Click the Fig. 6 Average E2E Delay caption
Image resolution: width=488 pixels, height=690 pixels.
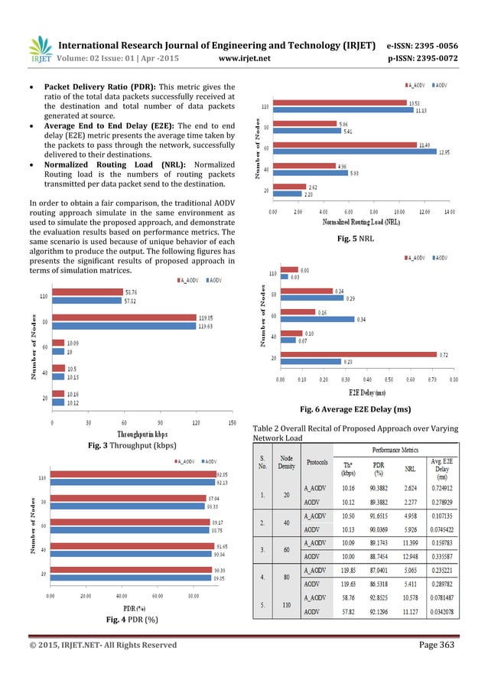pyautogui.click(x=356, y=408)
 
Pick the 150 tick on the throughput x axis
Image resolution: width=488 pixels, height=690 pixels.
pyautogui.click(x=231, y=421)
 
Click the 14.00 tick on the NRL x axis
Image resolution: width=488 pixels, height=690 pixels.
pyautogui.click(x=449, y=211)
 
